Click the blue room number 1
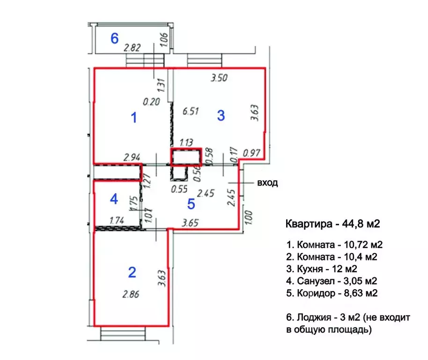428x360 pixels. tap(134, 118)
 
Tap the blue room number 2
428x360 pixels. tap(132, 272)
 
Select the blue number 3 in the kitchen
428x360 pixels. tap(221, 115)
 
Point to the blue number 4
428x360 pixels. tap(114, 199)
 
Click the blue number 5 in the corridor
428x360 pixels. tap(191, 204)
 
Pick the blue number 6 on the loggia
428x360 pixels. tap(115, 38)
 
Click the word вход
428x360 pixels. tap(267, 183)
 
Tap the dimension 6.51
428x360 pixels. tap(191, 111)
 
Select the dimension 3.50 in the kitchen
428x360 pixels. tap(219, 78)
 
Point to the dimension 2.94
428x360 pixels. tap(132, 157)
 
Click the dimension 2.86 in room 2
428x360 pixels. tap(131, 294)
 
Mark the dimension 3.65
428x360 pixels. tap(190, 223)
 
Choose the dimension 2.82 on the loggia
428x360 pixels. tap(132, 48)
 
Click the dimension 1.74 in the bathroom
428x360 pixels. tap(117, 220)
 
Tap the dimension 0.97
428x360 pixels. tap(251, 153)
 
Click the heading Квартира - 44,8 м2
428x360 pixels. tap(333, 224)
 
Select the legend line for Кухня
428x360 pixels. tap(322, 269)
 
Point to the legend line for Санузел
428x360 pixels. tap(332, 281)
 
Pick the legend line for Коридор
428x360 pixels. tap(332, 293)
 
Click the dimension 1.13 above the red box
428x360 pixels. tap(186, 142)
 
